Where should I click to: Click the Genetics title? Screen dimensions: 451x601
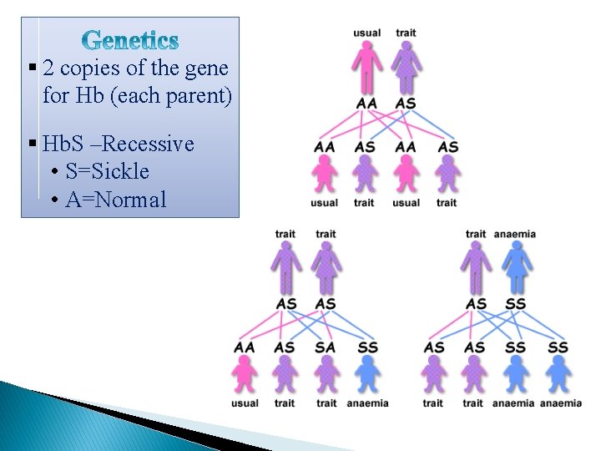pos(131,40)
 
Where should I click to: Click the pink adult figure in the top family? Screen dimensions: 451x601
pos(366,67)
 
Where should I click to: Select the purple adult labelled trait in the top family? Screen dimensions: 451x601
pos(406,67)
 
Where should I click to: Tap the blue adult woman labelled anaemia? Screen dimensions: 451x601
pos(515,267)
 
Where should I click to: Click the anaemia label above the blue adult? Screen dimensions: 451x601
pos(515,234)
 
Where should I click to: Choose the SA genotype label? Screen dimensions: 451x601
pos(326,347)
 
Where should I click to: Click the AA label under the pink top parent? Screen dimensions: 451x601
pos(366,103)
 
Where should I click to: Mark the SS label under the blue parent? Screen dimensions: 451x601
pos(515,303)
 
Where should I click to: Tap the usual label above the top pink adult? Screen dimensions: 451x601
pos(366,33)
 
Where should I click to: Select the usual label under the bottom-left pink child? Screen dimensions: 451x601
pos(245,403)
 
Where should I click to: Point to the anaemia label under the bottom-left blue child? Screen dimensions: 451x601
pos(367,403)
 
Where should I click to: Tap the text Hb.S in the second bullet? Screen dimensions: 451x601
pos(60,144)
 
